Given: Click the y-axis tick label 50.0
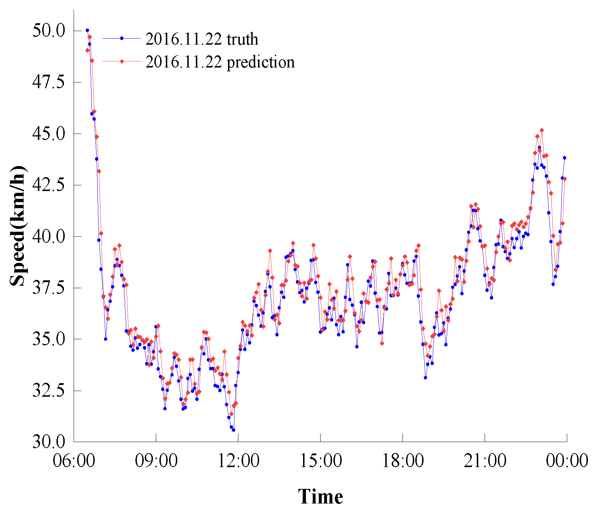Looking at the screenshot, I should click(49, 31).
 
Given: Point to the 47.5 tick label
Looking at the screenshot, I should click(49, 82).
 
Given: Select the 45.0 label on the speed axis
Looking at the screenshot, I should click(49, 134).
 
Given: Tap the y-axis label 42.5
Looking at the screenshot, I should click(49, 185).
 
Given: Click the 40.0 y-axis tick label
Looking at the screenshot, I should click(49, 237).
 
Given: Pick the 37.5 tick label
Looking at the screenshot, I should click(49, 288).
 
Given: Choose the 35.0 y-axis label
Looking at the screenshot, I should click(49, 340).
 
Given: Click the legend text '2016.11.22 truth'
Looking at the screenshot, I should click(202, 39).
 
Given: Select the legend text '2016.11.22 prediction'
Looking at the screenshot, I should click(220, 62).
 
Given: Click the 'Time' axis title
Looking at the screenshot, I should click(321, 497).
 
